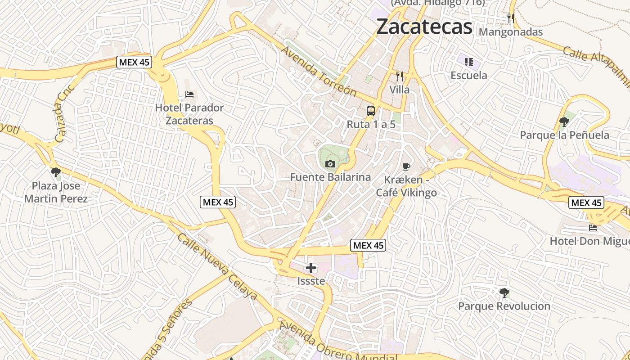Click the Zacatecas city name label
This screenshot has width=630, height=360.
424,27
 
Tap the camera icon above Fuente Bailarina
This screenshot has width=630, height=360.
330,164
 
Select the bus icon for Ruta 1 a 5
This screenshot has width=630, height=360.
371,111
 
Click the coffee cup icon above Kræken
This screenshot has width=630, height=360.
406,167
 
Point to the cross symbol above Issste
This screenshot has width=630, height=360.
311,268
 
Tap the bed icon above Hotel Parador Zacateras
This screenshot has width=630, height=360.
189,94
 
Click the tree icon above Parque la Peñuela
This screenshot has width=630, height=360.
564,121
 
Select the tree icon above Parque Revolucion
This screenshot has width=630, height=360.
504,293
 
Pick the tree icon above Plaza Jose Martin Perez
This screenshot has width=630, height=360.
56,172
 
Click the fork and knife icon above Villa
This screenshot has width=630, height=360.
399,76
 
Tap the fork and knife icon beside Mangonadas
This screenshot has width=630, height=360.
511,18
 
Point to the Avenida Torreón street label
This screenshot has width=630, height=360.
319,71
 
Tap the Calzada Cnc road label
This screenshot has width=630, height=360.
65,112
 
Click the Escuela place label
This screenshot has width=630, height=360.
469,75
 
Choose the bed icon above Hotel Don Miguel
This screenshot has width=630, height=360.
593,228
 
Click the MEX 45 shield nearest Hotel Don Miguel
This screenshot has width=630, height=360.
586,203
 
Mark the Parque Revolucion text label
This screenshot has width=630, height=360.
504,306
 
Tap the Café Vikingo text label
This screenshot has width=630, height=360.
406,193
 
